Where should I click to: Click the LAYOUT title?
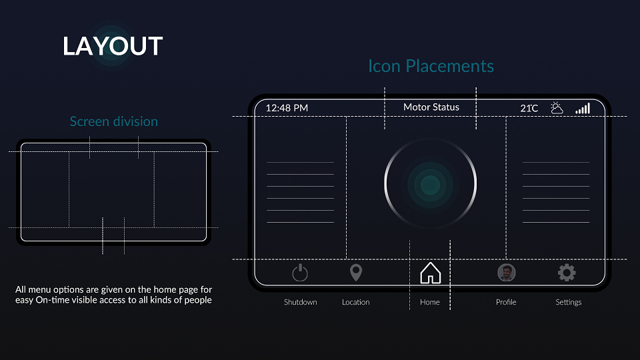tap(113, 46)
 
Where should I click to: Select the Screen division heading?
tap(113, 121)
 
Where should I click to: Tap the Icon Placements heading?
tap(431, 66)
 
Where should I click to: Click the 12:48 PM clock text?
tap(287, 108)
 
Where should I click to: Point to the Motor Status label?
tap(431, 107)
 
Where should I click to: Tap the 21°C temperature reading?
tap(529, 108)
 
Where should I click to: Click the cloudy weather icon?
tap(557, 108)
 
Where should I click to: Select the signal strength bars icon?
tap(583, 108)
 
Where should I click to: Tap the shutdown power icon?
tap(300, 273)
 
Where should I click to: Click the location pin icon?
tap(356, 272)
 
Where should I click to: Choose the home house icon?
tap(430, 273)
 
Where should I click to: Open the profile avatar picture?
tap(507, 273)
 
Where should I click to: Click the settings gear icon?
tap(567, 273)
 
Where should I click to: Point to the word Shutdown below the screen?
tap(301, 302)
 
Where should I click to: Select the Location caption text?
tap(355, 302)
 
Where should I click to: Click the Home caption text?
tap(430, 302)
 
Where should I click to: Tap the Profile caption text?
tap(506, 302)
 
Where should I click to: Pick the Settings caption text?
tap(568, 303)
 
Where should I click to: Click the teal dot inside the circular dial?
tap(430, 185)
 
